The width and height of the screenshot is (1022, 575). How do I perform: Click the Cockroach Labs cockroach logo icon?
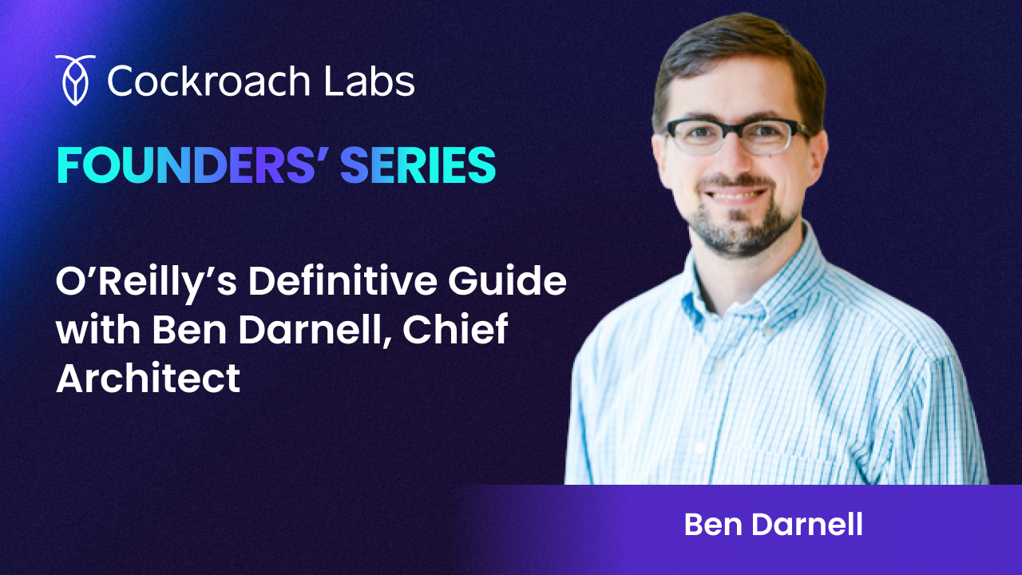coord(76,80)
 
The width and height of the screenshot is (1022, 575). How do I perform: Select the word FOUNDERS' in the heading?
coord(191,165)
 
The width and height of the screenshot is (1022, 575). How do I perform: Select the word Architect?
coord(148,377)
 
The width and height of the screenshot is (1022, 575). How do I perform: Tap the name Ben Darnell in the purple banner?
coord(773,525)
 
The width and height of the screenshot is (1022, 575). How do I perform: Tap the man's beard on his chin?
coord(739,232)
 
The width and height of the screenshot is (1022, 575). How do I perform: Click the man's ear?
coord(818,152)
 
